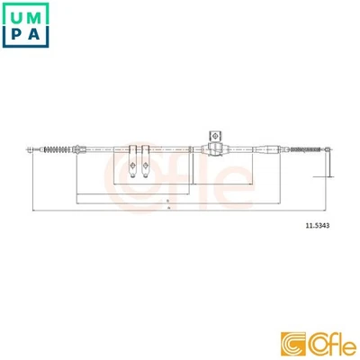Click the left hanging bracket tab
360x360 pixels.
(x=130, y=163)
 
